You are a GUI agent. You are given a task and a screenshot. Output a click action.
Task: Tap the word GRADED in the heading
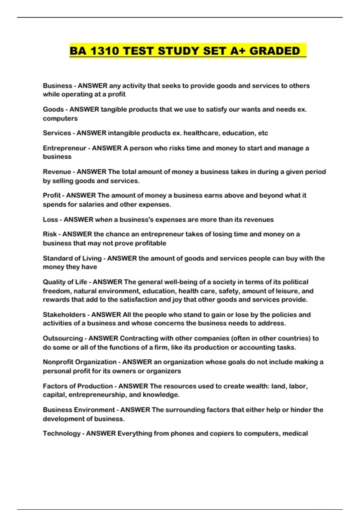point(274,51)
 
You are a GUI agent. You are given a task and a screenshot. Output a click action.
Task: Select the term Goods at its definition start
point(53,109)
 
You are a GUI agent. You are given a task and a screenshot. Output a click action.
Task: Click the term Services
point(57,133)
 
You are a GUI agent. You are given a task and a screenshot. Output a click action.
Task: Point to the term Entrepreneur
point(64,148)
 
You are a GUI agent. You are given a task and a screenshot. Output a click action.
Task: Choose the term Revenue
point(57,172)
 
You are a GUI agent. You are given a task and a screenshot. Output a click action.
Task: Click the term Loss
point(50,220)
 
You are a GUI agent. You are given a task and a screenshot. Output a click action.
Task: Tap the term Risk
point(50,234)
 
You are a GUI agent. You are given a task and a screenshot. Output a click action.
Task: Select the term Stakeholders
point(64,315)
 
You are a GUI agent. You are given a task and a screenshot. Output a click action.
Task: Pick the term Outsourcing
point(63,338)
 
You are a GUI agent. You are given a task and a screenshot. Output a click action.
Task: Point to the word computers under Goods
point(60,118)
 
